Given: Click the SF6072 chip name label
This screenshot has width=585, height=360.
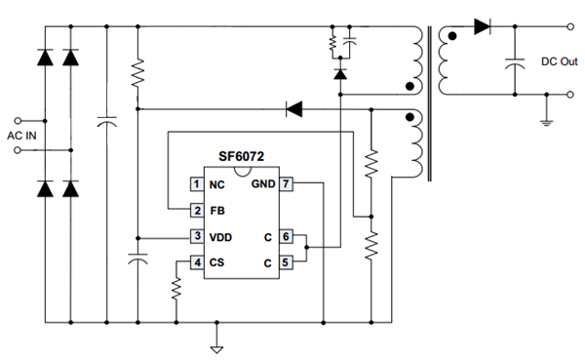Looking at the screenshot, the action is pos(241,156).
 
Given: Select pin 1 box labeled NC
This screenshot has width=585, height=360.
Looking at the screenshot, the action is pos(197,184).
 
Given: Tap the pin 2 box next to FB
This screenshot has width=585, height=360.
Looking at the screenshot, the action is pos(197,211).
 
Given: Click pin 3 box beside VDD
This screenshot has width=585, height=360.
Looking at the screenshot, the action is pos(197,236).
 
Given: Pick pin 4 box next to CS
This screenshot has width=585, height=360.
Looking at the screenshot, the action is pos(197,262).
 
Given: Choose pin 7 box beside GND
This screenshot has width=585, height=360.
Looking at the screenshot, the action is pos(286,183).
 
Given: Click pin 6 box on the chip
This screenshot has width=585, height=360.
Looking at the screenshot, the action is pos(286,236).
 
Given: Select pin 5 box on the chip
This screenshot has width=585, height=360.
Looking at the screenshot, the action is pos(286,262).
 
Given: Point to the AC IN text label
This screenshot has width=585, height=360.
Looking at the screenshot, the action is pos(21,136).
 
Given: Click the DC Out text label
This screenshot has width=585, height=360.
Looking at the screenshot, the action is pos(560,61).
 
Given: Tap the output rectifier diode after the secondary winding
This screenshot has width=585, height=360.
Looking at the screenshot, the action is pos(482,26).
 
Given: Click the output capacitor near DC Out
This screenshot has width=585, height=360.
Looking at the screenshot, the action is pos(515,63).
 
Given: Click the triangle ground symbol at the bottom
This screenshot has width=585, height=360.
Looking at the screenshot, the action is pos(216,349).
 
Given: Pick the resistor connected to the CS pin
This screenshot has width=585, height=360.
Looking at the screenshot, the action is pos(176,288).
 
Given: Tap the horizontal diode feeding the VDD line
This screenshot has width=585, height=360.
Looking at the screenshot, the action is pos(294,109).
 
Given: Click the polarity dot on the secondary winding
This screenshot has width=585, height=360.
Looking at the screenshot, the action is pos(452,36).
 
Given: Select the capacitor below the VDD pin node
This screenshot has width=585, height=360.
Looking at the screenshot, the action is pos(137,259).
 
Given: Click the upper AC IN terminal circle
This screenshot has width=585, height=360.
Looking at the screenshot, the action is pos(18,121).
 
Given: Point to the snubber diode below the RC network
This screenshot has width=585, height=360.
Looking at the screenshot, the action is pos(340,73).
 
